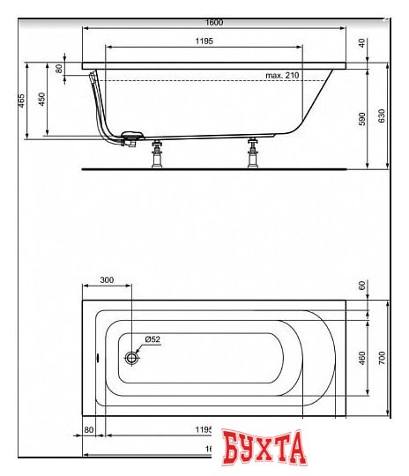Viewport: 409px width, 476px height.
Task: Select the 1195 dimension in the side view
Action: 203,41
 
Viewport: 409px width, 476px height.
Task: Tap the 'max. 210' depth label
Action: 282,76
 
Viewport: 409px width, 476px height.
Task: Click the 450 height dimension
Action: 41,100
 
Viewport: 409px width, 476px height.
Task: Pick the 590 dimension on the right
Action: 361,120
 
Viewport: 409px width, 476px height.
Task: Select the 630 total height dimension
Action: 382,115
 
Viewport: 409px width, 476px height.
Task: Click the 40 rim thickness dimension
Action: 362,42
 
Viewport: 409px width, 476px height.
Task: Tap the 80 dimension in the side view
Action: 60,69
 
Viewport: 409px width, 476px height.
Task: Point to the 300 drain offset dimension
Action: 107,279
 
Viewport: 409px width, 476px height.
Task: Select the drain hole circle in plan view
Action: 131,358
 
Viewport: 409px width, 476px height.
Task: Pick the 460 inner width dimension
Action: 361,358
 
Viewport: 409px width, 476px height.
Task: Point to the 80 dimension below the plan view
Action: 89,429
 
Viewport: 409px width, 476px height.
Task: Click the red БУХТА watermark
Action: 264,448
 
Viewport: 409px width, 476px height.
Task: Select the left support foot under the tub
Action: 159,153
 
